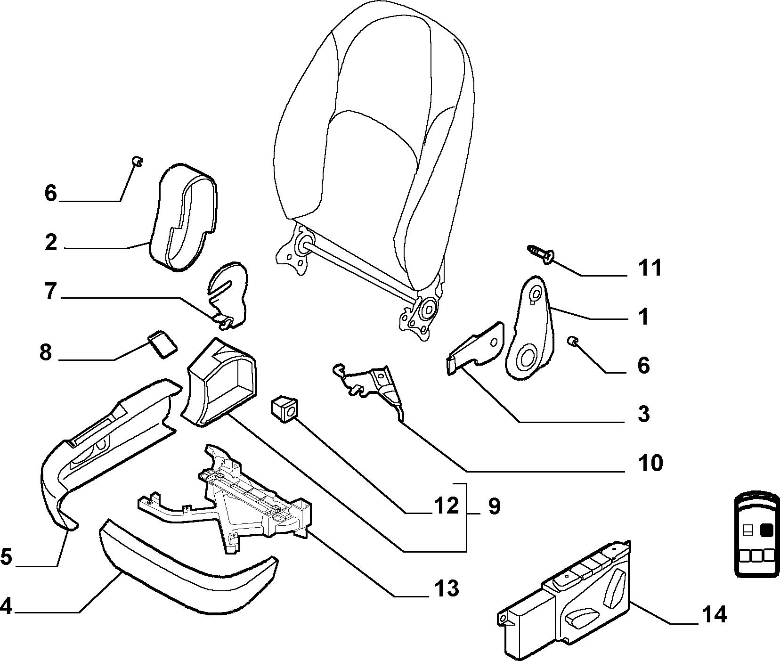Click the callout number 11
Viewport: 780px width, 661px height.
tap(650, 268)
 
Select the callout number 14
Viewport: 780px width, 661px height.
tap(714, 614)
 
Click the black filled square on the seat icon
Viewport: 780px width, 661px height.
tap(767, 530)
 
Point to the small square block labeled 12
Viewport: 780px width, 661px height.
tap(284, 408)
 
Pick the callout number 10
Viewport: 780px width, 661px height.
tap(650, 463)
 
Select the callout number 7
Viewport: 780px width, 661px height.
tap(50, 292)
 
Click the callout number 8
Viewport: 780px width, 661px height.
tap(45, 351)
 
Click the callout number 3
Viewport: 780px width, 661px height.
tap(643, 414)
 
